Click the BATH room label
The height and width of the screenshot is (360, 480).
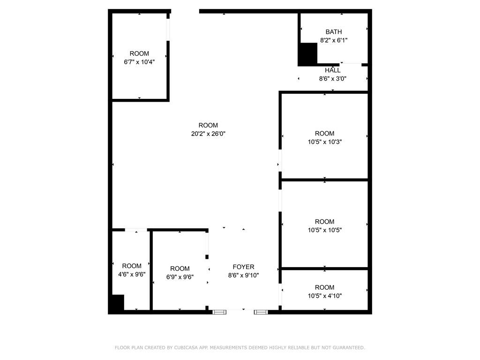[334, 32]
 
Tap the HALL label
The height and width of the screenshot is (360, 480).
[333, 70]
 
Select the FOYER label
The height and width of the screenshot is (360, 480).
[243, 267]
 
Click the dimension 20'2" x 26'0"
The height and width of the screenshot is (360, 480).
[208, 134]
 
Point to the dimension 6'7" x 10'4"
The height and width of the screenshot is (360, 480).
[139, 62]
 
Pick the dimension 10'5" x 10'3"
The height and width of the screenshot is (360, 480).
[324, 142]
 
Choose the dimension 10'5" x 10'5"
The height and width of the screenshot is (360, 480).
[324, 230]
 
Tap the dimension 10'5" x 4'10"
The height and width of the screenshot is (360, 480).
[324, 296]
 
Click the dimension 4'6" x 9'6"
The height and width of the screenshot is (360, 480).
[132, 275]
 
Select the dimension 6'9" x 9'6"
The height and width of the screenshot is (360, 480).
[180, 277]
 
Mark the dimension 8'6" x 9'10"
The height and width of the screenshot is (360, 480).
[243, 276]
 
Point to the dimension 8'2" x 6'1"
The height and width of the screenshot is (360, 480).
[334, 40]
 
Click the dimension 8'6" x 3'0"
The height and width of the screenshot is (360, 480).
[333, 79]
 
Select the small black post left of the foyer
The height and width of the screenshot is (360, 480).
[207, 257]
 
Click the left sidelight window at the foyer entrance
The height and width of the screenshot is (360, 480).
[219, 312]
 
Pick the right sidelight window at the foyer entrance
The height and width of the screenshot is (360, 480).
[261, 312]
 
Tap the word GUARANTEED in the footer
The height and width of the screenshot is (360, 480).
[349, 348]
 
